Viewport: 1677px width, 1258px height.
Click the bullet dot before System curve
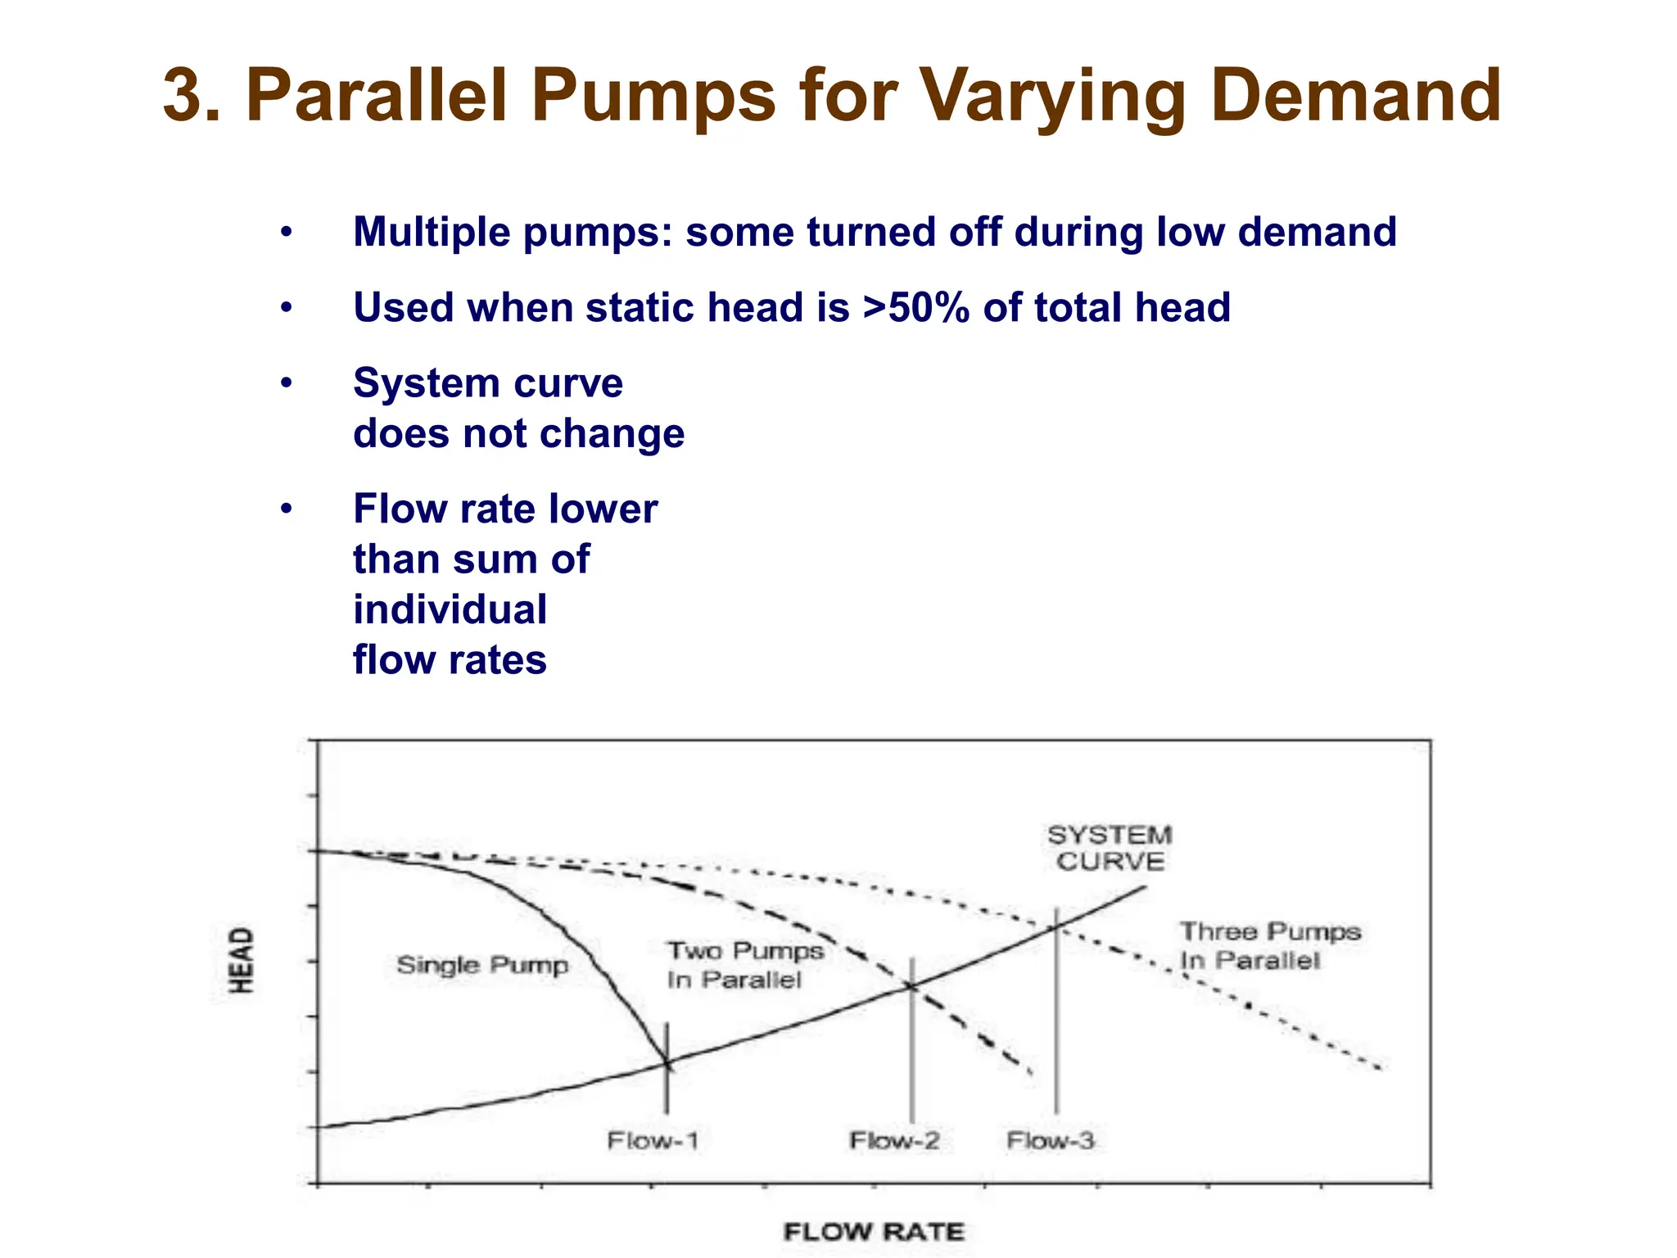286,383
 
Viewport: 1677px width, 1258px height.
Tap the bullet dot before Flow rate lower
286,509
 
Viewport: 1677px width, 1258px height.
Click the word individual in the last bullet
450,610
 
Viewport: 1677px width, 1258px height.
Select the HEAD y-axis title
242,960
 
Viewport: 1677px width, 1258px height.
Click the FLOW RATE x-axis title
874,1232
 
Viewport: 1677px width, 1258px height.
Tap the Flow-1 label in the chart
653,1140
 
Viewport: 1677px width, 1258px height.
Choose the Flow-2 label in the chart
894,1140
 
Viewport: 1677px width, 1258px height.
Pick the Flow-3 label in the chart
1050,1140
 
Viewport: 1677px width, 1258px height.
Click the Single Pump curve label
482,965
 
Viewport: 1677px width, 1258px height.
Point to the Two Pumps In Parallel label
744,965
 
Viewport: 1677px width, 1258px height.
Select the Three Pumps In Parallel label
1269,945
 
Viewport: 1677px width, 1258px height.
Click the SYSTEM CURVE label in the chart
1110,848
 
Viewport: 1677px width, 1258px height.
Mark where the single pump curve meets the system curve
667,1064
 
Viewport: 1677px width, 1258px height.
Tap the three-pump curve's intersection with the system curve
1056,926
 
